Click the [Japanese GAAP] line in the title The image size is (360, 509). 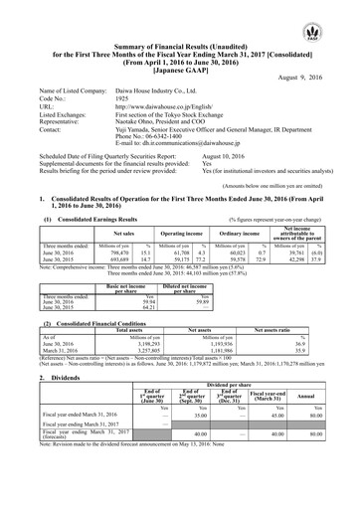(x=179, y=56)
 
